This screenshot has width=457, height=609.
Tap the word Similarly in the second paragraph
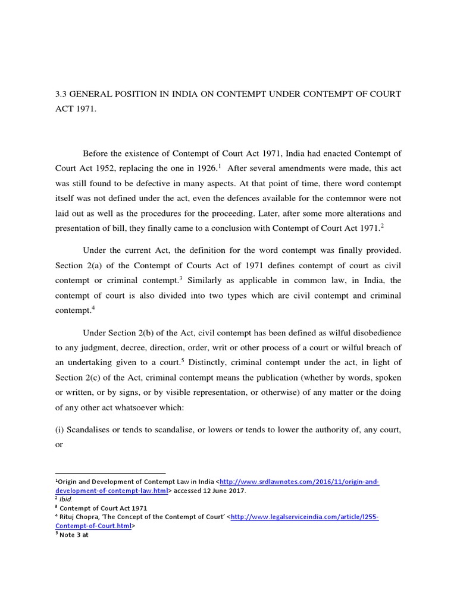[x=208, y=280]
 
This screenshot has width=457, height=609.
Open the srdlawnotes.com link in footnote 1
[x=299, y=482]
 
